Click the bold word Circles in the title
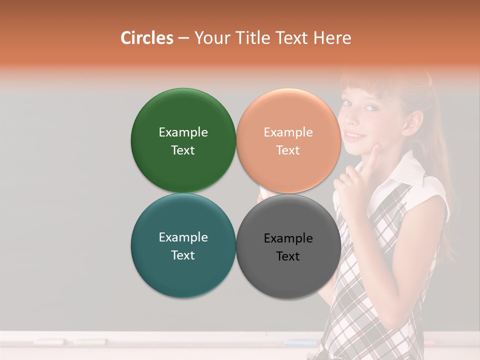pyautogui.click(x=147, y=38)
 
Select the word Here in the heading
pyautogui.click(x=332, y=38)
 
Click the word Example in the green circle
pyautogui.click(x=183, y=132)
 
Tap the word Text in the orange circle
pyautogui.click(x=288, y=150)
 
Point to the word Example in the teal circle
pyautogui.click(x=183, y=237)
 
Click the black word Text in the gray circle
pyautogui.click(x=288, y=256)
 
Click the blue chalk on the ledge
pyautogui.click(x=300, y=342)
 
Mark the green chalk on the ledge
pyautogui.click(x=90, y=341)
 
